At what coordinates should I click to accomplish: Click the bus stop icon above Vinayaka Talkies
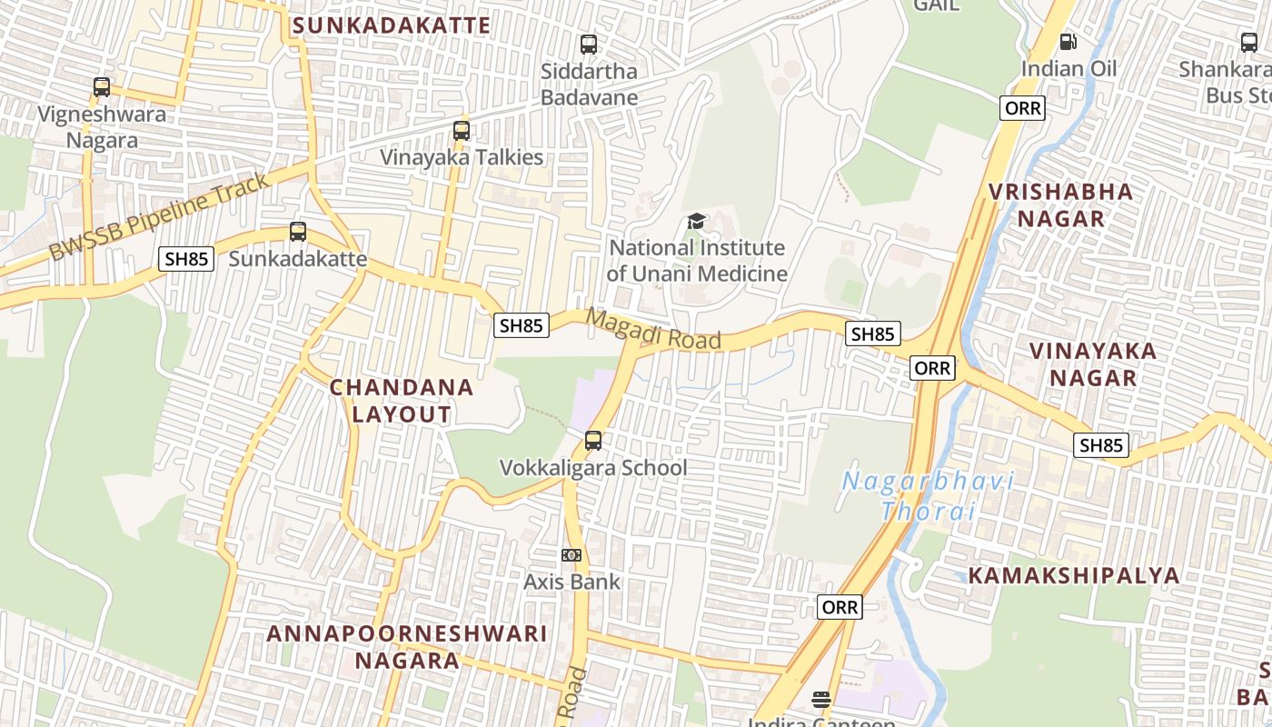tap(462, 131)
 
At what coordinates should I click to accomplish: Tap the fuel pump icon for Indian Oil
tap(1068, 42)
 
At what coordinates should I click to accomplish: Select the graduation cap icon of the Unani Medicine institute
tap(697, 221)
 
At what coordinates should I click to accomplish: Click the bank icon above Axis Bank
tap(571, 555)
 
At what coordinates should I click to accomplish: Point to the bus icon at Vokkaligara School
tap(593, 441)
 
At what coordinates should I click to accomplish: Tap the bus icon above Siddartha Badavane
tap(589, 44)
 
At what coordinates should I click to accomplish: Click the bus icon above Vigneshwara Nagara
tap(102, 87)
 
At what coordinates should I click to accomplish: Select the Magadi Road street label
tap(653, 329)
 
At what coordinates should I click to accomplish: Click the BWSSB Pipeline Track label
tap(159, 217)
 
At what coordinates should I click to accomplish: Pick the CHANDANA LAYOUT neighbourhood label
tap(402, 401)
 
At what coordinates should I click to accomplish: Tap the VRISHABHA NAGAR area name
tap(1061, 204)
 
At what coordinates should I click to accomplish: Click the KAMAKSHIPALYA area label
tap(1074, 575)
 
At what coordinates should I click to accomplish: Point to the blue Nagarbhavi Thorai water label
tap(927, 495)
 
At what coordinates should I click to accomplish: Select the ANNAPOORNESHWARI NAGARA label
tap(407, 646)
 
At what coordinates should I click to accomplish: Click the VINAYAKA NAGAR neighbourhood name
tap(1093, 363)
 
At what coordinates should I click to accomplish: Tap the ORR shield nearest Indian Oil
tap(1023, 109)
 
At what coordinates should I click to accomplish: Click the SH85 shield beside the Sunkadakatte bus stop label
tap(186, 259)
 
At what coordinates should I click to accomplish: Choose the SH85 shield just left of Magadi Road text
tap(522, 325)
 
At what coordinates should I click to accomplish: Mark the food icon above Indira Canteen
tap(821, 699)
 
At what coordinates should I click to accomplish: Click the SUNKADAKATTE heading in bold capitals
tap(392, 25)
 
